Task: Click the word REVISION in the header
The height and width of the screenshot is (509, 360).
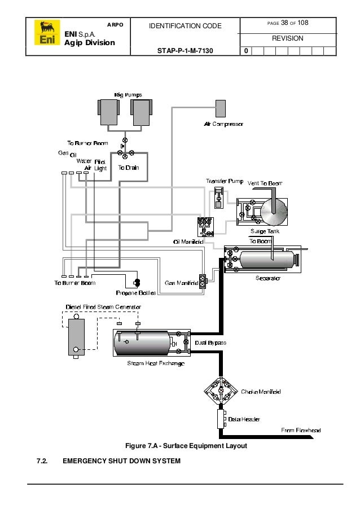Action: coord(287,38)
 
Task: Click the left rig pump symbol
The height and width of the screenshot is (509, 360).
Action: coord(109,112)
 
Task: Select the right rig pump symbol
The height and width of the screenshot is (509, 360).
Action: coord(141,112)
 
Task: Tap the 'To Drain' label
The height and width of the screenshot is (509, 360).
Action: coord(128,168)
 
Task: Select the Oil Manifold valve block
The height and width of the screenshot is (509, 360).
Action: coord(204,226)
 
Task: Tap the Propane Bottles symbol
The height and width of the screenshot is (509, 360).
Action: coord(136,282)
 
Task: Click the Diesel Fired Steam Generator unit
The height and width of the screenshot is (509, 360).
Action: coord(76,336)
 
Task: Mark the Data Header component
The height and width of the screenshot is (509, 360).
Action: coord(221,419)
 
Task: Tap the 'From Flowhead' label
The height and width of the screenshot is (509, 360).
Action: coord(301,431)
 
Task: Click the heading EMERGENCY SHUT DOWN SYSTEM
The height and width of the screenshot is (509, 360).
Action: coord(121,461)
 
